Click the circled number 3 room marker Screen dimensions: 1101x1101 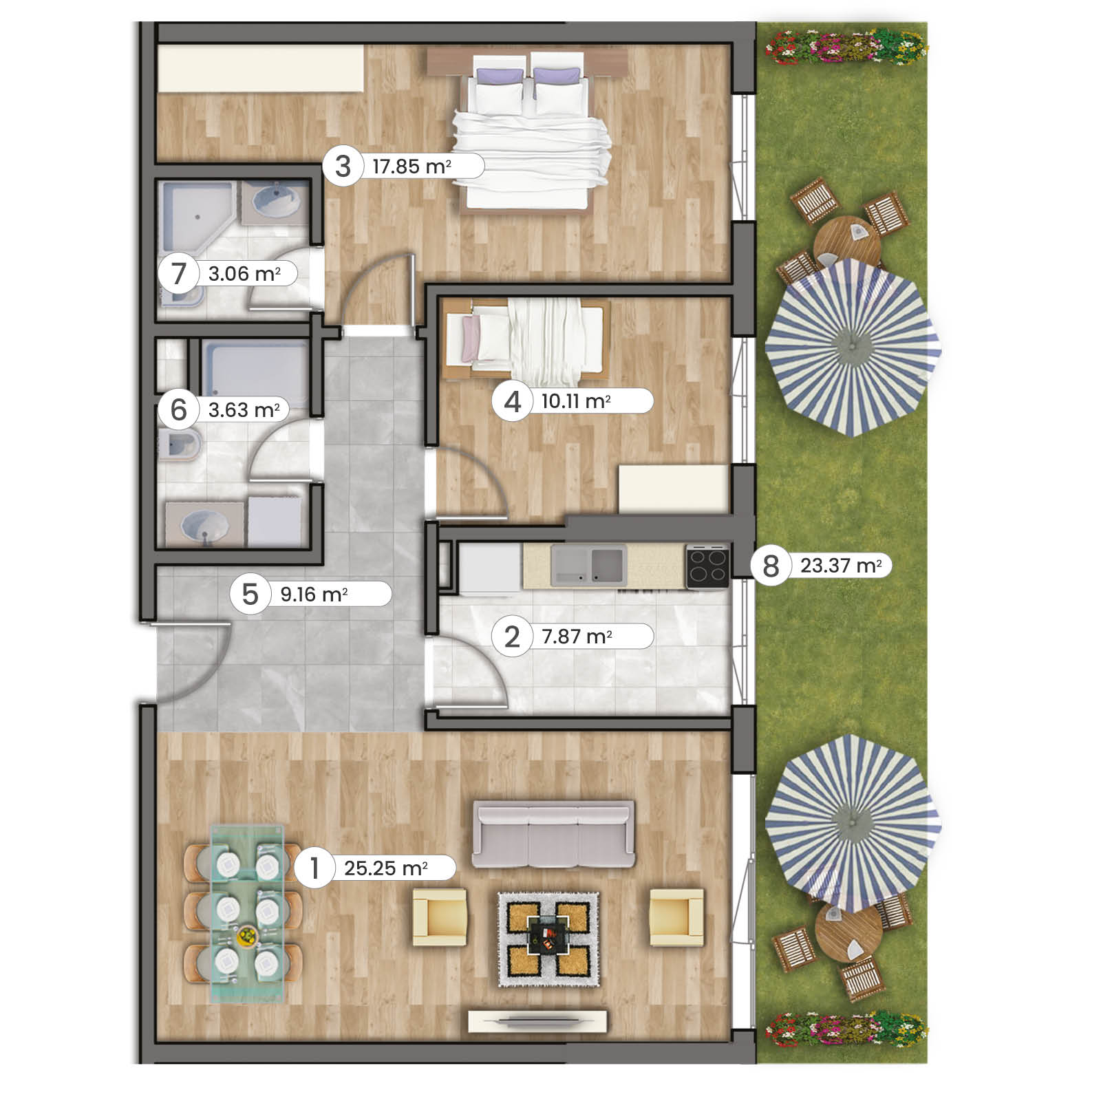tap(343, 167)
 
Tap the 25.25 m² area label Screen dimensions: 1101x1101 tap(385, 868)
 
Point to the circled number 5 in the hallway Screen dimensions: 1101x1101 tap(250, 595)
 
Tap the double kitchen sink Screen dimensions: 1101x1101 tap(588, 564)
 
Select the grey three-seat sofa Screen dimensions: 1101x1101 tap(553, 834)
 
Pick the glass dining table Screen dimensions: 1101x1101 tap(247, 913)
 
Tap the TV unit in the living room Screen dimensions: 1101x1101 tap(538, 1021)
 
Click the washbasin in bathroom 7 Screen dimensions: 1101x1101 tap(276, 200)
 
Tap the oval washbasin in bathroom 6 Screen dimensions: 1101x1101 tap(204, 526)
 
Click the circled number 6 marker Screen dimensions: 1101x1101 tap(178, 410)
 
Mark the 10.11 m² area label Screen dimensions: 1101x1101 tap(576, 400)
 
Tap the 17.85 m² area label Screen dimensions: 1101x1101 tap(411, 167)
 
